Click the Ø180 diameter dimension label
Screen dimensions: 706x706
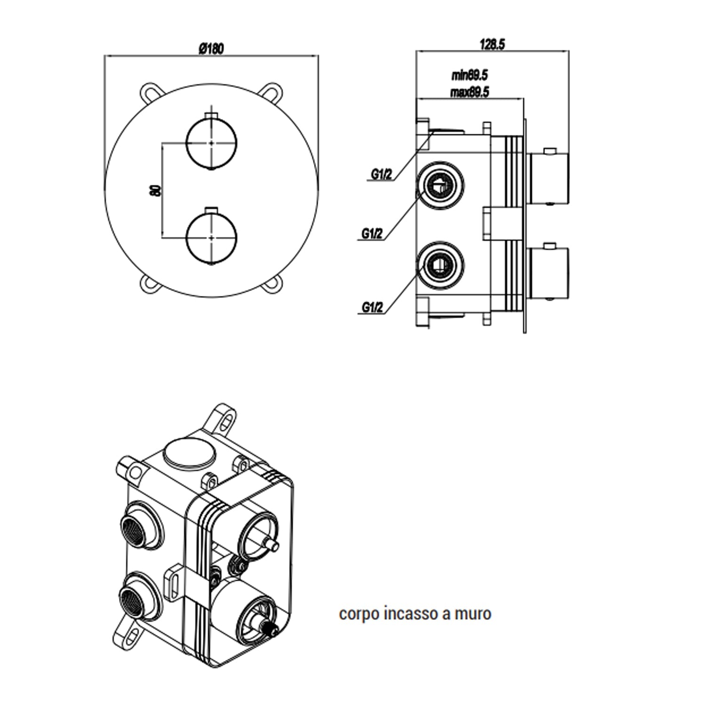211,48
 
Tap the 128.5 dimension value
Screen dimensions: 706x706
492,45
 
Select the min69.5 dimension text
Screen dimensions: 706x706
469,75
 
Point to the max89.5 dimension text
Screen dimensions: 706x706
469,92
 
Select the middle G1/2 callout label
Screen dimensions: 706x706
372,233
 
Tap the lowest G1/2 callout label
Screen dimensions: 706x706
372,308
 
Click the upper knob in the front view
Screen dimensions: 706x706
212,142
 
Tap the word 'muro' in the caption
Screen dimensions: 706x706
473,614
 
